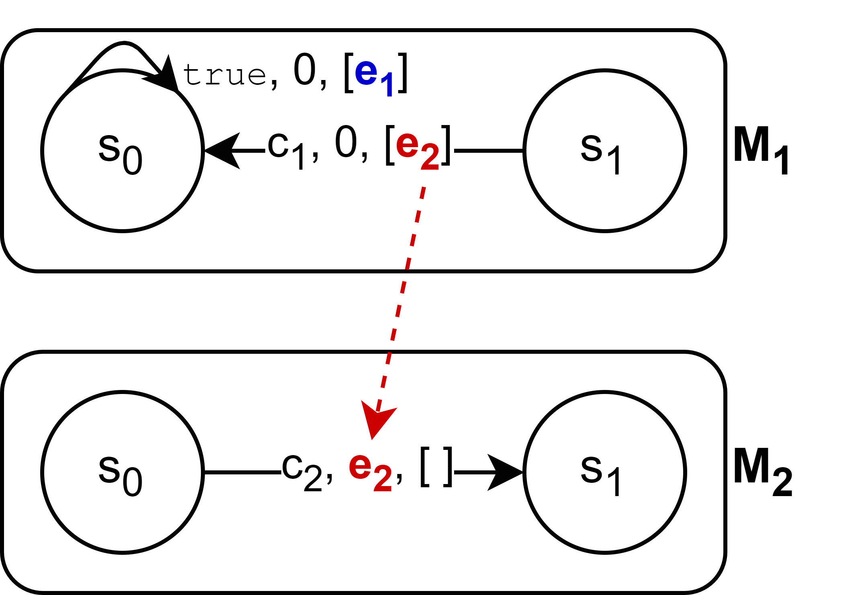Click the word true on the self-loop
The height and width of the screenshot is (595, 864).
click(224, 75)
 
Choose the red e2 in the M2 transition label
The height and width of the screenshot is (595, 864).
click(370, 470)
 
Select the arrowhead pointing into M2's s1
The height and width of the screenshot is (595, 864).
click(504, 472)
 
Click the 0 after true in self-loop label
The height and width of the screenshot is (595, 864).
click(304, 70)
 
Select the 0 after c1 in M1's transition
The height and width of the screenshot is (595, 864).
click(346, 143)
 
